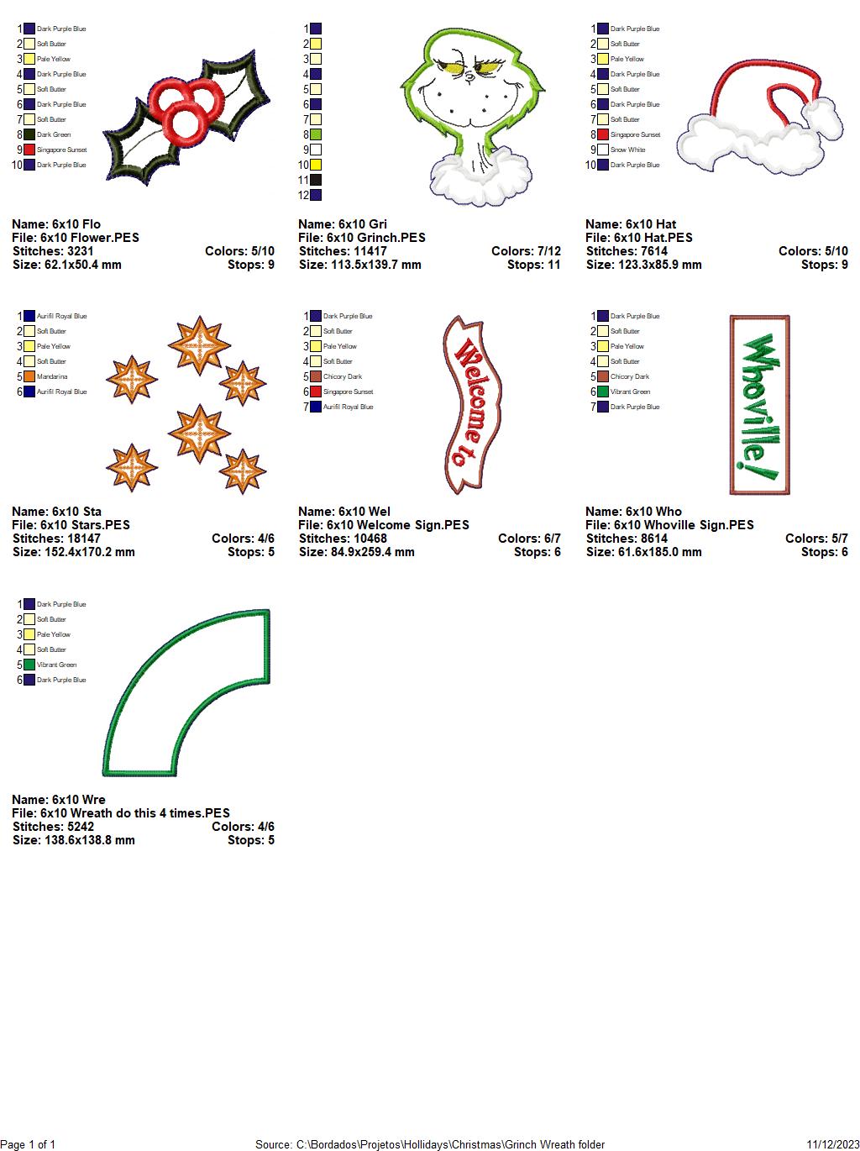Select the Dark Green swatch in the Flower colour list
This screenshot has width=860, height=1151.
(x=29, y=134)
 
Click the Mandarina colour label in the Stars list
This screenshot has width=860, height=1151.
(x=52, y=376)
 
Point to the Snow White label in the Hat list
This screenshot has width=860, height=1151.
(x=627, y=150)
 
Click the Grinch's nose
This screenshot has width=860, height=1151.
(x=469, y=76)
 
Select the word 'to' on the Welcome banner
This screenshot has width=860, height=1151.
(x=461, y=455)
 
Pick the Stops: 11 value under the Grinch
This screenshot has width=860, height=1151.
(x=533, y=265)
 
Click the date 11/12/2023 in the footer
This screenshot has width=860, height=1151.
(x=833, y=1144)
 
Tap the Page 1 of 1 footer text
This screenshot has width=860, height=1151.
(x=28, y=1144)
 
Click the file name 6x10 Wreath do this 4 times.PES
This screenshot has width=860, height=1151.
(x=134, y=812)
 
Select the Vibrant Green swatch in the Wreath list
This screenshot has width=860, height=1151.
(x=29, y=665)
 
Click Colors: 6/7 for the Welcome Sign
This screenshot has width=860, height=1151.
(x=529, y=539)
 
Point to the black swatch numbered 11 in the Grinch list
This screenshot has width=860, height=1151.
(x=316, y=180)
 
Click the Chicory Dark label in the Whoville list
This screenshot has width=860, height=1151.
(x=629, y=376)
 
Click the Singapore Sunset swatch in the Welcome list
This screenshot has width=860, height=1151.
(x=316, y=392)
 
